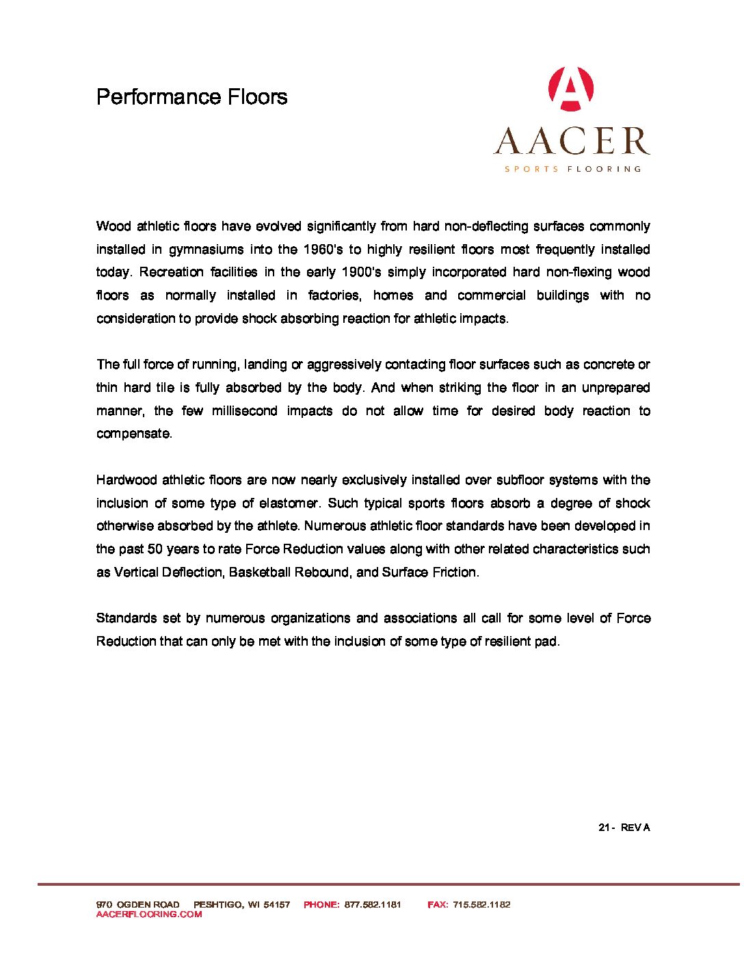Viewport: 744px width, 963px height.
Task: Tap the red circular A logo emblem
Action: click(571, 89)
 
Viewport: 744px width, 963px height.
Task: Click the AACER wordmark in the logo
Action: click(572, 141)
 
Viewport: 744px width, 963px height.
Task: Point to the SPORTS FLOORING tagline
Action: click(572, 169)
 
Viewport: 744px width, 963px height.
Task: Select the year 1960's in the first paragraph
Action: click(323, 250)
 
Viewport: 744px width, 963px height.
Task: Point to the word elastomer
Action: click(289, 503)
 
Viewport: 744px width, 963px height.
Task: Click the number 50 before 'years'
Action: click(155, 549)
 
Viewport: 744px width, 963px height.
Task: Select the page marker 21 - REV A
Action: click(624, 828)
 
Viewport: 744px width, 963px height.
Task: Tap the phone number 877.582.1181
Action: click(373, 904)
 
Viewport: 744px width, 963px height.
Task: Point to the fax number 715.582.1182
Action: click(481, 904)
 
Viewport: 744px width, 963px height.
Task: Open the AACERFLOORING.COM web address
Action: click(149, 914)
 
